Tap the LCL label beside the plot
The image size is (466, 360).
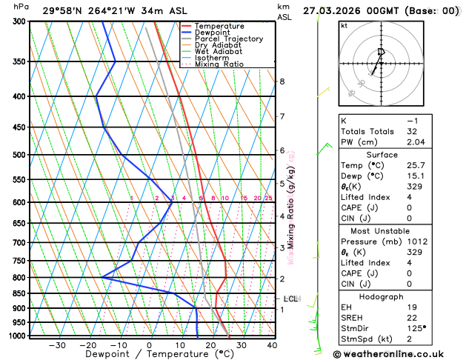(290, 299)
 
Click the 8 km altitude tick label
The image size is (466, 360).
(282, 81)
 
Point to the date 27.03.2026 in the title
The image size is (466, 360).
(331, 10)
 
